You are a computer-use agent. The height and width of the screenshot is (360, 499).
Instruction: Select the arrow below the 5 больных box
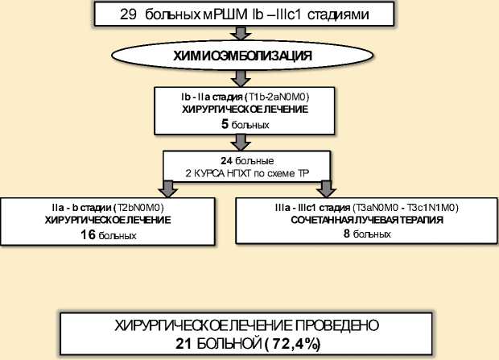(237, 143)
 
